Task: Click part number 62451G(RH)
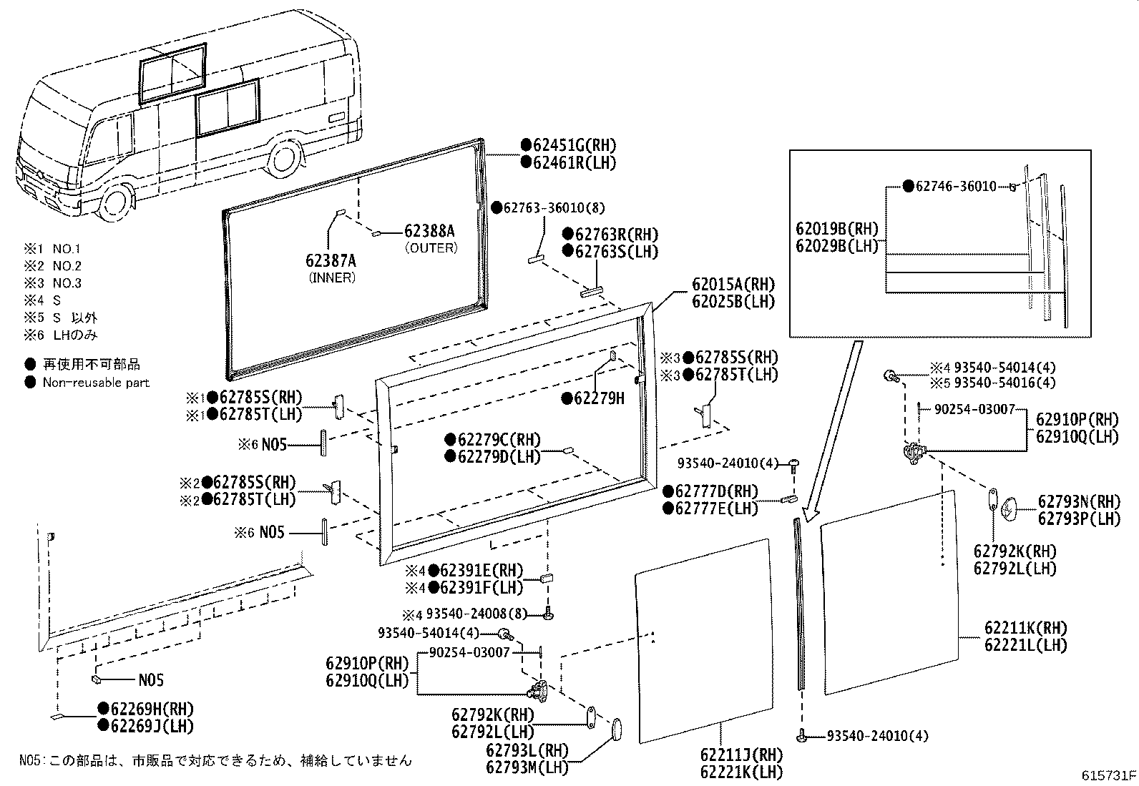tap(575, 146)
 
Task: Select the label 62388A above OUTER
tap(429, 232)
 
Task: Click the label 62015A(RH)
tap(733, 285)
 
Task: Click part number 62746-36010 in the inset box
tap(955, 187)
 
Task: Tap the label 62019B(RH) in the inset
tap(836, 230)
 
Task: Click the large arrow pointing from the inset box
tap(830, 429)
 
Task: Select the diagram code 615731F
tap(1108, 776)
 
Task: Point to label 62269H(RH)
tap(152, 709)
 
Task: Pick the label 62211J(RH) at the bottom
tap(741, 755)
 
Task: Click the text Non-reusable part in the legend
tap(96, 383)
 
